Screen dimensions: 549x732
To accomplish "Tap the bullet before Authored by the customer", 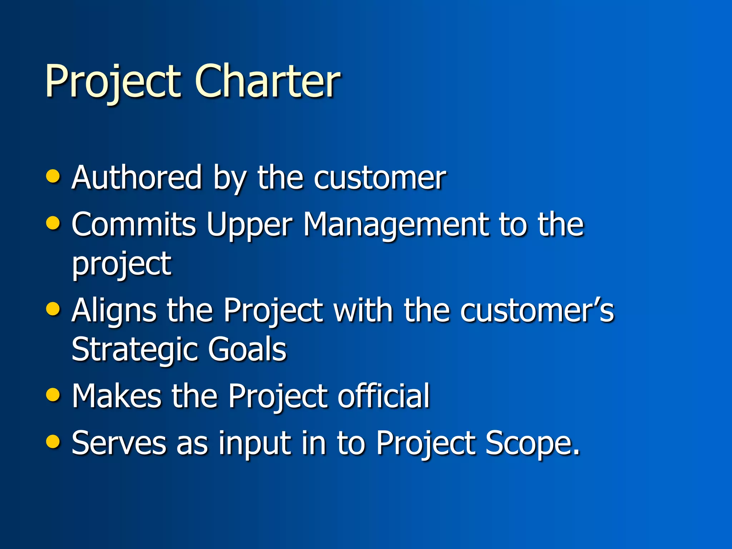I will (x=53, y=176).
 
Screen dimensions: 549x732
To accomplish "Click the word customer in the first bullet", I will (x=380, y=178).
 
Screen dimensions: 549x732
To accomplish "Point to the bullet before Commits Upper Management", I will (x=53, y=223).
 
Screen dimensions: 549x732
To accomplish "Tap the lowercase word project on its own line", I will (x=122, y=264).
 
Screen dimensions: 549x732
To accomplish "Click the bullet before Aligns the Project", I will (x=53, y=308).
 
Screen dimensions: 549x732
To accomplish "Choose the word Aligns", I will (x=114, y=311).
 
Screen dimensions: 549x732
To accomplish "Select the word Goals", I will (x=247, y=349).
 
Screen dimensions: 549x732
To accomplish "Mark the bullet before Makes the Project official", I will (x=53, y=394).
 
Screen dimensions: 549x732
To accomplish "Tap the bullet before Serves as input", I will (x=53, y=441).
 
